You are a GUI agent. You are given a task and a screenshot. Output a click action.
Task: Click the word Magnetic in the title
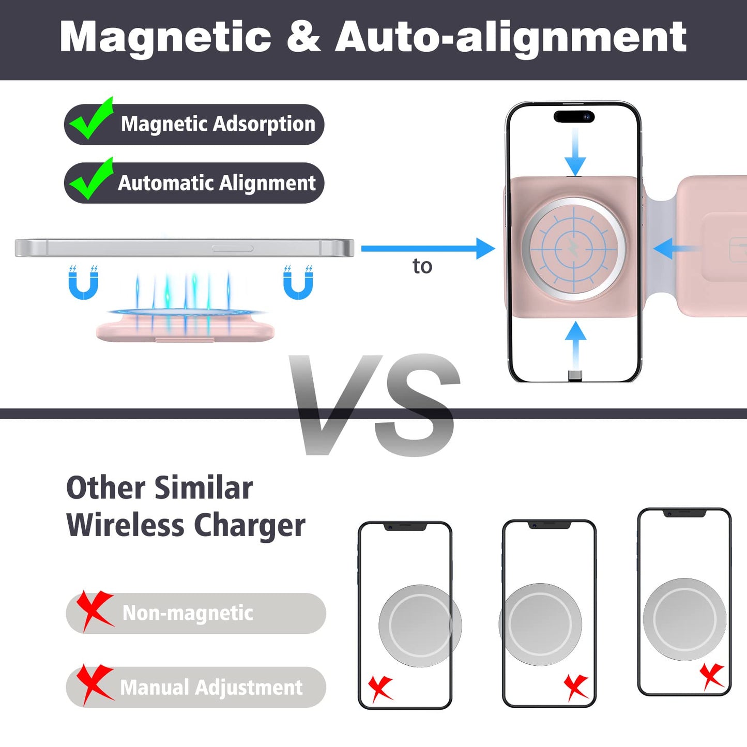tap(165, 37)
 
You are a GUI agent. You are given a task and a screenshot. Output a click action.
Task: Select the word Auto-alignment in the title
tap(511, 37)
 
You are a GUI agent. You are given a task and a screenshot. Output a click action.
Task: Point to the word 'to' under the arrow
tap(422, 266)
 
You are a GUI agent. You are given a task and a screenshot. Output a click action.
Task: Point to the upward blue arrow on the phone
tap(575, 344)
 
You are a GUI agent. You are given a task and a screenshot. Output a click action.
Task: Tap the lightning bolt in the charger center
tap(574, 249)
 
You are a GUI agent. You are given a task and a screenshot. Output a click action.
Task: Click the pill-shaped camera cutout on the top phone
tap(574, 116)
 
